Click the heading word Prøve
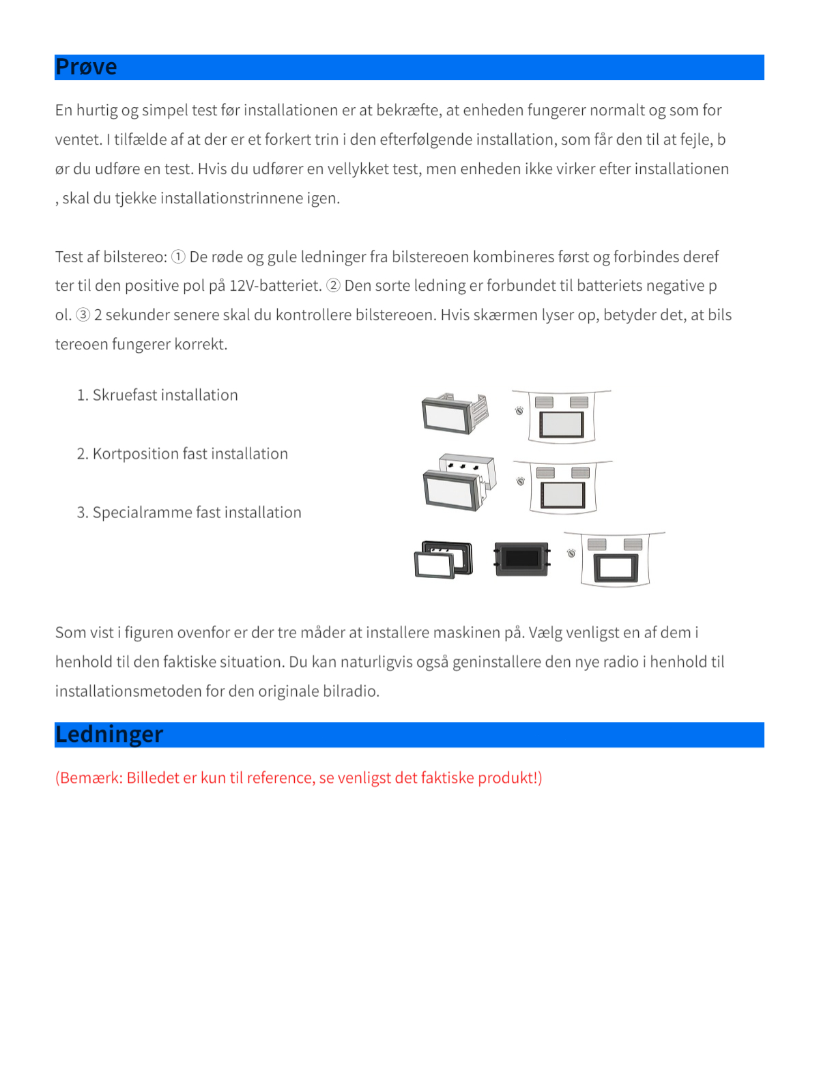(x=86, y=67)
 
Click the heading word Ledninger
(x=109, y=734)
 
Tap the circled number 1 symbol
(x=178, y=257)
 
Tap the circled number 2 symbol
(x=333, y=285)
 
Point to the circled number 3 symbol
(x=83, y=315)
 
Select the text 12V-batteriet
(x=275, y=285)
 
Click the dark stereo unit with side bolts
(x=522, y=559)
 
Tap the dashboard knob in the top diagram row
(x=519, y=410)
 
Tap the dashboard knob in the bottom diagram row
(x=571, y=553)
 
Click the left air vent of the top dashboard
(x=544, y=402)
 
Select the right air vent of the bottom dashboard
(x=633, y=544)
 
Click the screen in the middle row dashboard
(x=563, y=494)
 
